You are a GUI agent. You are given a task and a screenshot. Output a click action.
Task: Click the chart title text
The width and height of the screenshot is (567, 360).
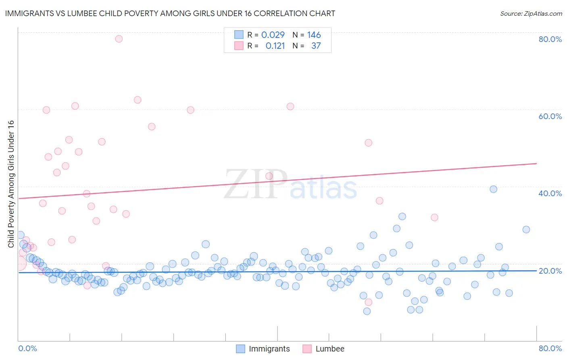coord(169,13)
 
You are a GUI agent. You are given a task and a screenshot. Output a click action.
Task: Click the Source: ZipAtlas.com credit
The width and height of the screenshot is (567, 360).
coord(531,13)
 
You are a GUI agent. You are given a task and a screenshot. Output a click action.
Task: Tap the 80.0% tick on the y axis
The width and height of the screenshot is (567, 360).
coord(550,39)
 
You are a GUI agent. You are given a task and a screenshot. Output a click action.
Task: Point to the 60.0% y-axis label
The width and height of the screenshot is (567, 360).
coord(550,116)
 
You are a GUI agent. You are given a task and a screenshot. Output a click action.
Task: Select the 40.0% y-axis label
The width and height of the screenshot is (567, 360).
coord(550,193)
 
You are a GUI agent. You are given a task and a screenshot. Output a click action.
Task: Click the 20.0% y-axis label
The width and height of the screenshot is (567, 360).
coord(550,270)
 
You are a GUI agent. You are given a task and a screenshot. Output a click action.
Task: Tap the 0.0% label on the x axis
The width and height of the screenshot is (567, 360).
coord(27,348)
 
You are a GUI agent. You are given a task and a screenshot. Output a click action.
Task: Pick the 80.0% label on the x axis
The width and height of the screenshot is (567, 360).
coord(550,348)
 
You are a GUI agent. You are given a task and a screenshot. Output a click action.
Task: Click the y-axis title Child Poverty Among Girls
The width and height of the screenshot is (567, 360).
coord(11,184)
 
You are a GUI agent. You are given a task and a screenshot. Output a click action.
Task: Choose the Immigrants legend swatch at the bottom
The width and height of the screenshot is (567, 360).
coord(240,349)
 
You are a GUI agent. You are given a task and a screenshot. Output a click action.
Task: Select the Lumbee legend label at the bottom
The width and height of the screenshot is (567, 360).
coord(330,349)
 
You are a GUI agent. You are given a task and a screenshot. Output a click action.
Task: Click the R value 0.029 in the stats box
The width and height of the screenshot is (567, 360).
coord(273,35)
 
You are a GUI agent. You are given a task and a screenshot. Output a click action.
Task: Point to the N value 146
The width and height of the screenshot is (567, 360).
coord(314,35)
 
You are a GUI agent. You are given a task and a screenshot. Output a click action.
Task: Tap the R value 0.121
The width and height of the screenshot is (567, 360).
coord(275,46)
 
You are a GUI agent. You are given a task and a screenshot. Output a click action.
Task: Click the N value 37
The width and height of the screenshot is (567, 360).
coord(316,46)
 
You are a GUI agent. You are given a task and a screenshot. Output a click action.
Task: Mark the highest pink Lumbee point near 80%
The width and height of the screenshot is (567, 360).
coord(119,39)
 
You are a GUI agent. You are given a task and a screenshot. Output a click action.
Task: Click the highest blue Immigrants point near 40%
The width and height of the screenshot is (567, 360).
coord(493,189)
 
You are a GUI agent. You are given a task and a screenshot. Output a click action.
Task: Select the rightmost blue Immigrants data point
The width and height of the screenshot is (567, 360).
coord(526,230)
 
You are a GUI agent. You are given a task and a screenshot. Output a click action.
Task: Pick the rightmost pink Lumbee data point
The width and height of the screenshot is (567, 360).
coord(434,218)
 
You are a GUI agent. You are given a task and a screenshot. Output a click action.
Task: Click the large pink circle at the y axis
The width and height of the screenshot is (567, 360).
coord(19,264)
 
